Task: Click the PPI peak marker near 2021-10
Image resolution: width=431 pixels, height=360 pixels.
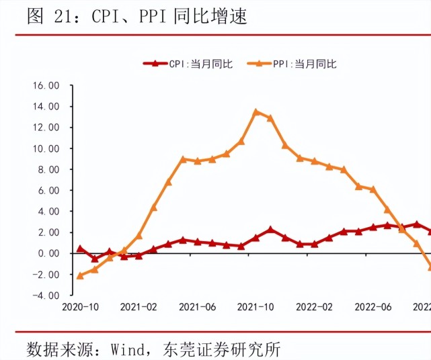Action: point(256,112)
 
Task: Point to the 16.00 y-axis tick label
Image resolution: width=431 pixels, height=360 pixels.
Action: point(46,85)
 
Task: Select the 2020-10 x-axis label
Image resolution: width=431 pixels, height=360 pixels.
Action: point(81,307)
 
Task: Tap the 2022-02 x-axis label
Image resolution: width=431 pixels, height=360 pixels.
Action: point(315,307)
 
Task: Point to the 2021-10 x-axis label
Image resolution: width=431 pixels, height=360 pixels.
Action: point(256,307)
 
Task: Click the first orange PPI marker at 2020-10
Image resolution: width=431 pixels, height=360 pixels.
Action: point(80,275)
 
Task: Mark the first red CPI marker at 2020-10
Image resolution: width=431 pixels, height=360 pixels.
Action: point(80,249)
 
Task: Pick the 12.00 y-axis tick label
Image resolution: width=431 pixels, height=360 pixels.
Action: point(46,128)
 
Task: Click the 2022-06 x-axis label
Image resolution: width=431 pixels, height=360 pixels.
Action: point(373,307)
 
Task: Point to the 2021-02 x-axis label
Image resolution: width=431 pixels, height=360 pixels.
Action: point(139,307)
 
